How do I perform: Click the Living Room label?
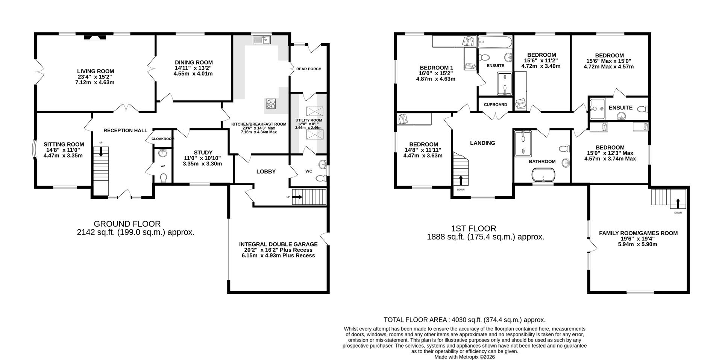coord(96,71)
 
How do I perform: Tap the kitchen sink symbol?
coord(262,39)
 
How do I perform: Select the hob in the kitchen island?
coord(271,103)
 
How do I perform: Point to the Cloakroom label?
coord(163,139)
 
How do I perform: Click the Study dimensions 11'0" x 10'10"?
coord(202,158)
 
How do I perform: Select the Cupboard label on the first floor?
coord(495,104)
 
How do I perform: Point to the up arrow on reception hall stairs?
coord(101,152)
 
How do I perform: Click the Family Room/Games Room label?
coord(638,233)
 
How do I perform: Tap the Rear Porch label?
coord(309,69)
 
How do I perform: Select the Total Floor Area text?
coord(464,320)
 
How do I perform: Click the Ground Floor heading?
coord(127,224)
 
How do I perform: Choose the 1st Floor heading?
coord(473,228)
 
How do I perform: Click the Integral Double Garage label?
coord(278,244)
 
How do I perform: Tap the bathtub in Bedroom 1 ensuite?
coord(494,42)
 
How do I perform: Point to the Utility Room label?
coord(308,120)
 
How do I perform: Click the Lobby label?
coord(266,171)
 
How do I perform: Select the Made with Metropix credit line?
coord(464,357)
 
